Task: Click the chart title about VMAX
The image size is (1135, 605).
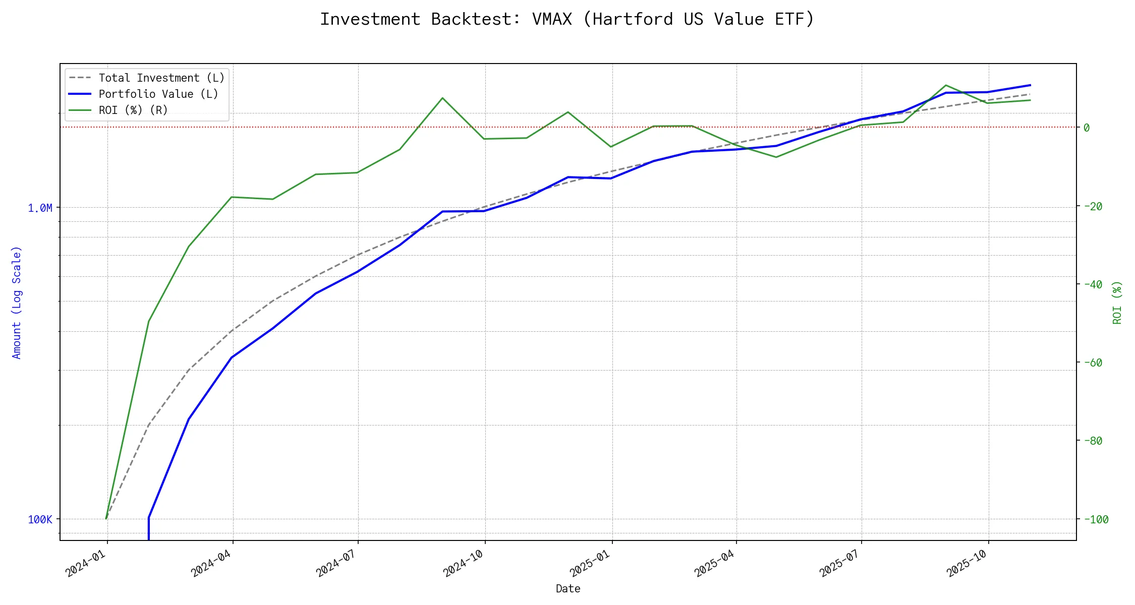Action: (567, 19)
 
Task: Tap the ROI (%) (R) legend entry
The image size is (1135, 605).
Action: (133, 110)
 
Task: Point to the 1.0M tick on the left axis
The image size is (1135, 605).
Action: (40, 208)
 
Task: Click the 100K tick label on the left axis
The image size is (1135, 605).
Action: (40, 519)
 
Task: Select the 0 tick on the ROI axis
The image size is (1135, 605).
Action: (1087, 128)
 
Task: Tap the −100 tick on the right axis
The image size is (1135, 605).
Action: (1095, 519)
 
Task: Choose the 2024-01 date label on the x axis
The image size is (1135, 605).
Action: (86, 563)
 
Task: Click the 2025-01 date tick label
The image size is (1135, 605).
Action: (591, 563)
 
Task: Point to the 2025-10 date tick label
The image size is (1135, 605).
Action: (967, 563)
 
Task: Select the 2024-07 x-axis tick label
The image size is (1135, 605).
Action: (336, 563)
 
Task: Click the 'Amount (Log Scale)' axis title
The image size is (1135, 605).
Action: (17, 302)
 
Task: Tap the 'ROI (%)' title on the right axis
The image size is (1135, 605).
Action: (1117, 302)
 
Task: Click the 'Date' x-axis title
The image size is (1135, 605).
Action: (568, 588)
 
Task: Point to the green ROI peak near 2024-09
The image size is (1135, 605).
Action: (442, 98)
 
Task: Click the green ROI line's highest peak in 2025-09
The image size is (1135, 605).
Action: (946, 85)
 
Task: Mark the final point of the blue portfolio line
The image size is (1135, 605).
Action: (1030, 85)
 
